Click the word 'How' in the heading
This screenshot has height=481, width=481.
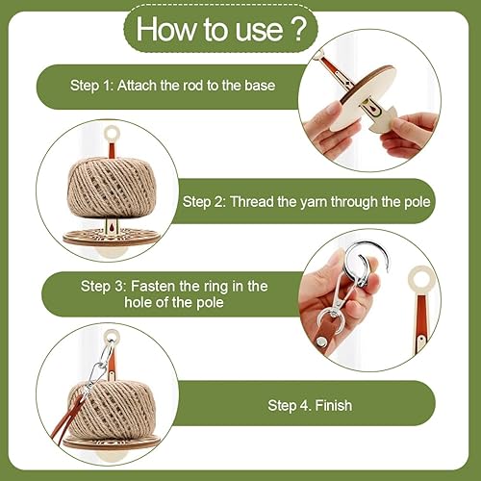click(166, 29)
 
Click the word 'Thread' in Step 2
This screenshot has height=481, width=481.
click(252, 202)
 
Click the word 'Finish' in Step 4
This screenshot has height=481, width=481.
click(334, 405)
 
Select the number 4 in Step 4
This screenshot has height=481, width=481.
click(303, 406)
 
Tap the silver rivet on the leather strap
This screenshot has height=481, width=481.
click(321, 342)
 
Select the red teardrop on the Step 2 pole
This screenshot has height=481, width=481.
click(111, 227)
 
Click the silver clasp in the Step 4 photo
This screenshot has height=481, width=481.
click(98, 368)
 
